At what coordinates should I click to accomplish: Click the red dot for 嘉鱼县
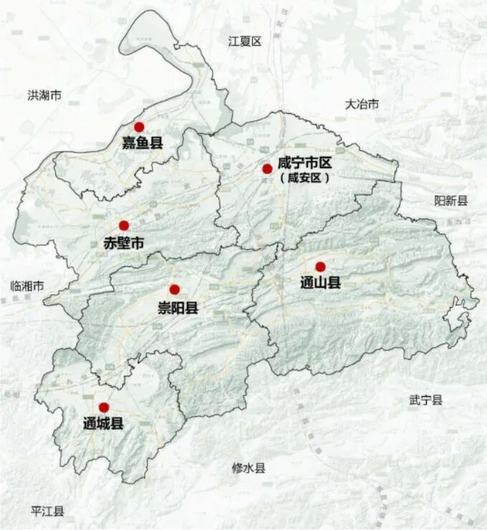click(x=139, y=127)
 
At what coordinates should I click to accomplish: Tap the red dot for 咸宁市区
click(x=267, y=169)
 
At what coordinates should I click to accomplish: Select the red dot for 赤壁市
click(x=124, y=226)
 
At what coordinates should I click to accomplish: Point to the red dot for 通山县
click(x=320, y=266)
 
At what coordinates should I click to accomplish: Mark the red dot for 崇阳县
click(x=174, y=289)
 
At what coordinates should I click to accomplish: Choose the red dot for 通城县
click(x=104, y=407)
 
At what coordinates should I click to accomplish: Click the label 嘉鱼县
click(x=142, y=143)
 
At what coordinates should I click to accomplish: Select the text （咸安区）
click(x=305, y=179)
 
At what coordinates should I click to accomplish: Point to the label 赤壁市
click(x=124, y=244)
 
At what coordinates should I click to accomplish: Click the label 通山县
click(x=320, y=283)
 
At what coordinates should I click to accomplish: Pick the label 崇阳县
click(x=178, y=308)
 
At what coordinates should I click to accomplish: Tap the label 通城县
click(x=103, y=423)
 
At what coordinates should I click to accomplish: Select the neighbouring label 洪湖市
click(x=44, y=95)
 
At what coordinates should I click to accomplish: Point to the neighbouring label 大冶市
click(x=362, y=105)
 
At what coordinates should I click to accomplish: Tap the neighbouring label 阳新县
click(x=451, y=201)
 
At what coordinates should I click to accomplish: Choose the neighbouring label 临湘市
click(x=27, y=286)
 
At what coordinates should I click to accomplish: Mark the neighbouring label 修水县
click(x=249, y=468)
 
